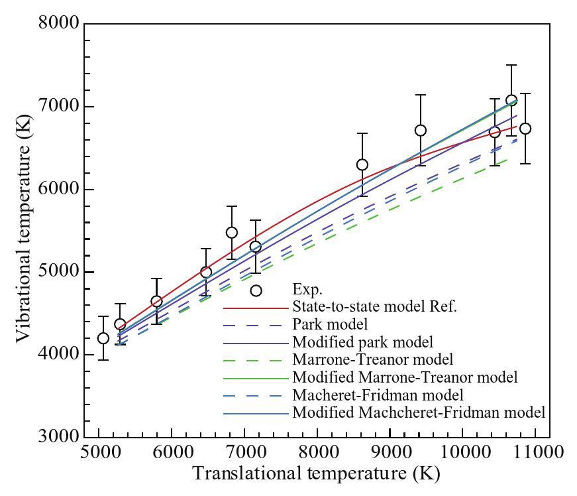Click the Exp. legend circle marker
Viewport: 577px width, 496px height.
tap(256, 290)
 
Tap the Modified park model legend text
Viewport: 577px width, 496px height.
tap(362, 342)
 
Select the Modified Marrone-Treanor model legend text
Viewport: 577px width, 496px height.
tap(404, 377)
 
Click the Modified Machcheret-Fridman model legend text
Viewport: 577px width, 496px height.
tap(418, 412)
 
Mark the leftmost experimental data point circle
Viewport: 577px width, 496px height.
tap(103, 338)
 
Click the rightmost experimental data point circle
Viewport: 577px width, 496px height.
tap(525, 129)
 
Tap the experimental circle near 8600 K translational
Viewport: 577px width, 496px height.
tap(362, 164)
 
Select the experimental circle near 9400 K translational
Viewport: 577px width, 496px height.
tap(420, 130)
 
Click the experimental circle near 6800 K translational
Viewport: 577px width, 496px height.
tap(232, 233)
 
